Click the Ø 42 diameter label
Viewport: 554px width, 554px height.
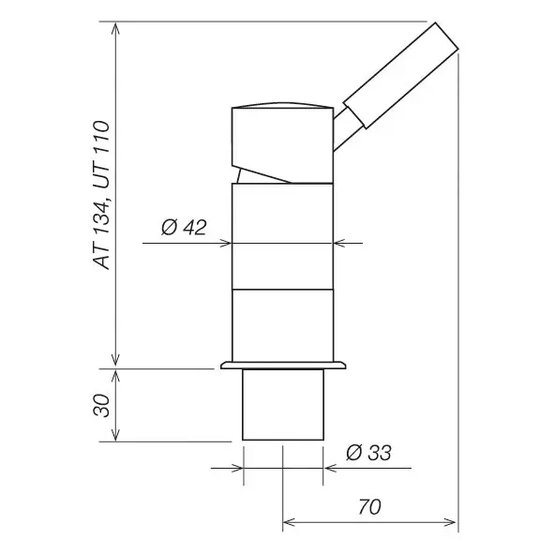pyautogui.click(x=184, y=227)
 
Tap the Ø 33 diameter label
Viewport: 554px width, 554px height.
pyautogui.click(x=368, y=453)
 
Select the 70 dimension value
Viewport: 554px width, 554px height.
pyautogui.click(x=369, y=506)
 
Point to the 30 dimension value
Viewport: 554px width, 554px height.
pyautogui.click(x=102, y=405)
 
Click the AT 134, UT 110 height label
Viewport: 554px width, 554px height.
pyautogui.click(x=102, y=195)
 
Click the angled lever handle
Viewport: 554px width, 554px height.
pyautogui.click(x=401, y=75)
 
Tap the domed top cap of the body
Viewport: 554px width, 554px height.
pyautogui.click(x=283, y=104)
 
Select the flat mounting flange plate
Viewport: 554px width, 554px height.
pyautogui.click(x=283, y=366)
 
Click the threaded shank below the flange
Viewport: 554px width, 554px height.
pyautogui.click(x=283, y=405)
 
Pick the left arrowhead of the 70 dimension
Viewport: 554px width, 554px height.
pyautogui.click(x=289, y=522)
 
